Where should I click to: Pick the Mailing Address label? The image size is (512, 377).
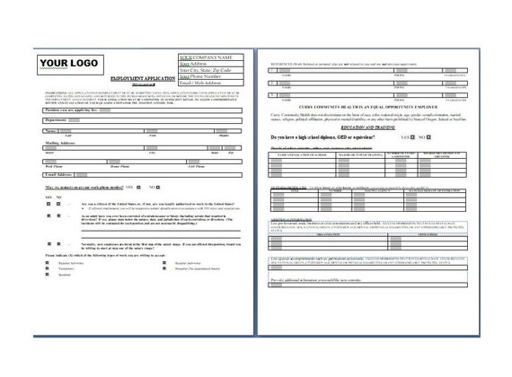[62, 142]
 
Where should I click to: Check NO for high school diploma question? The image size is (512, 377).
[458, 137]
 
